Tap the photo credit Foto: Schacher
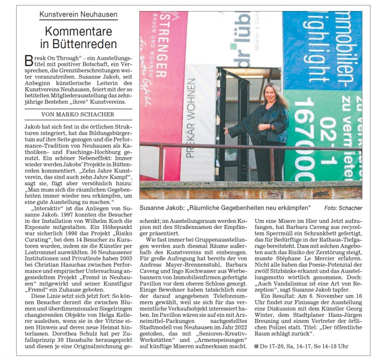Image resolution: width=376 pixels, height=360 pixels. tap(343, 208)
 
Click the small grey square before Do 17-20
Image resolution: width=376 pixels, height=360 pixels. tap(257, 346)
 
